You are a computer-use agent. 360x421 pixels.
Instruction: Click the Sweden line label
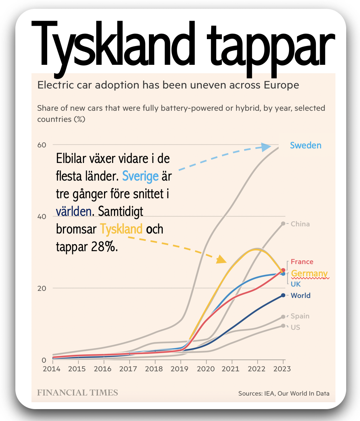pos(306,145)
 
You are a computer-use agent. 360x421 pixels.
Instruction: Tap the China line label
pos(300,224)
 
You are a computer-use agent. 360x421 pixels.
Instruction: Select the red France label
pos(302,262)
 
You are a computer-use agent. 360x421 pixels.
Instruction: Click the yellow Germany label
pos(309,273)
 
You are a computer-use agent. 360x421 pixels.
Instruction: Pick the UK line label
pos(296,284)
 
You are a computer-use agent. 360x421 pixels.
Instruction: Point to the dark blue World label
pos(301,296)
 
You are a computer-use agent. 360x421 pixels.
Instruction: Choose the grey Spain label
pos(300,316)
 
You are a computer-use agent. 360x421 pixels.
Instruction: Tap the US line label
pos(295,327)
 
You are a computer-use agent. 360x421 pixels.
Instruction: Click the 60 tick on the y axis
pos(41,145)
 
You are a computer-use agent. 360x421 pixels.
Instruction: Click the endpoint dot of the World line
pos(283,295)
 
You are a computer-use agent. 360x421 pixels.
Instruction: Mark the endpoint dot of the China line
pos(283,224)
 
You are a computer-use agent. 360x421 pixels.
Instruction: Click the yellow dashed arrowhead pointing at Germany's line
pos(221,260)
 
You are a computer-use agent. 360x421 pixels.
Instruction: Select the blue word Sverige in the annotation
pos(140,176)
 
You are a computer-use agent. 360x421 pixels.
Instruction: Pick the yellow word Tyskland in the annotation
pos(121,229)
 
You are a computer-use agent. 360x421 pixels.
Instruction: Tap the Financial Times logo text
pos(78,393)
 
